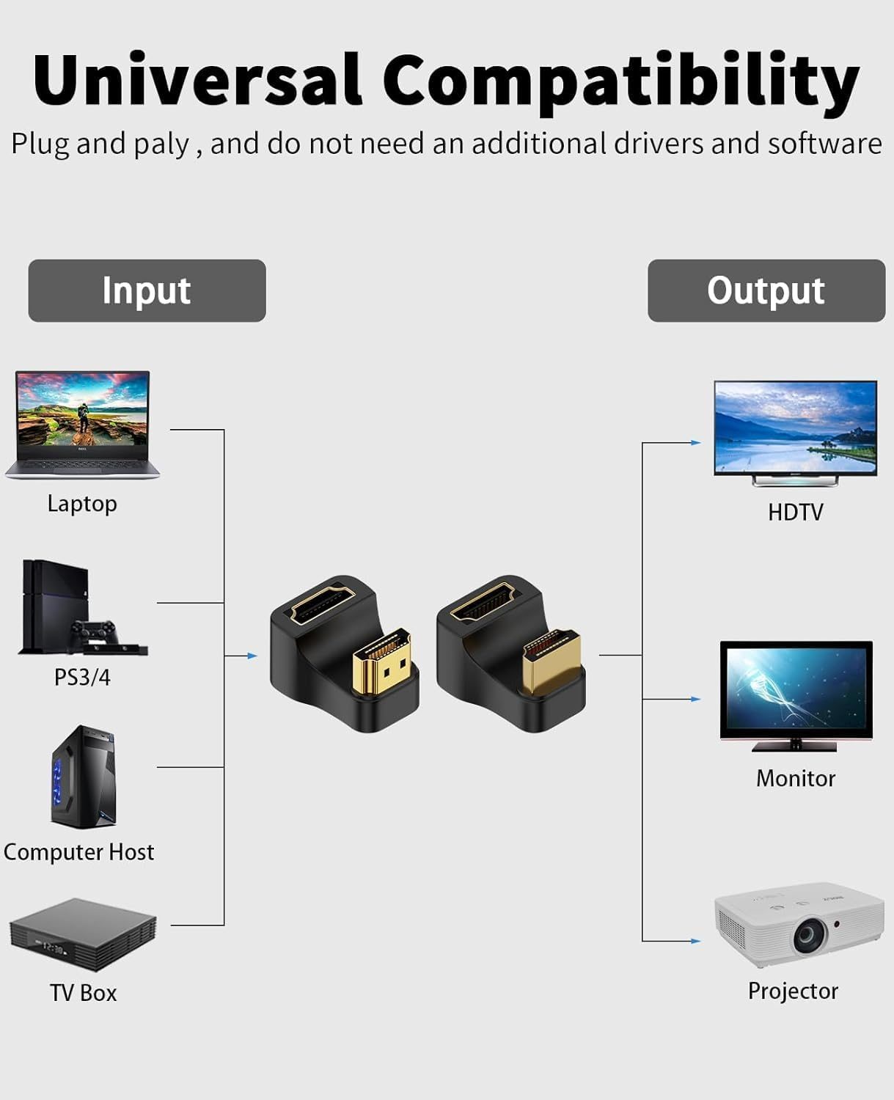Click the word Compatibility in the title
(x=620, y=82)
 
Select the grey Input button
(x=147, y=290)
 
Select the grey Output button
(x=766, y=290)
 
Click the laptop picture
(x=83, y=424)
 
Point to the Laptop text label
(x=82, y=504)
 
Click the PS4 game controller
(x=93, y=632)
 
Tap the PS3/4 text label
(x=82, y=677)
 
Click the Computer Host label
(x=78, y=852)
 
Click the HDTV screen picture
(x=796, y=429)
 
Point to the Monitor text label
(x=796, y=778)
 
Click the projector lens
(x=810, y=935)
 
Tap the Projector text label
(x=793, y=991)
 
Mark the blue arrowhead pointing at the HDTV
(x=696, y=443)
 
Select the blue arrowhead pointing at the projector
(x=696, y=941)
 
